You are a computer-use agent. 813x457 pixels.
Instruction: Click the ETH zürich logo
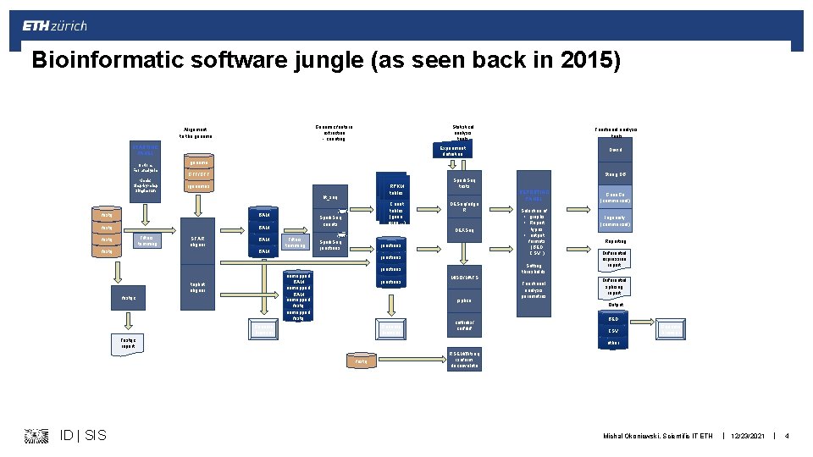click(x=55, y=26)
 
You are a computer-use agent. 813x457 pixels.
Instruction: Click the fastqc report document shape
click(x=130, y=344)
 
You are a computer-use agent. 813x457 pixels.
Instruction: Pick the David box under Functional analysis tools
click(x=616, y=149)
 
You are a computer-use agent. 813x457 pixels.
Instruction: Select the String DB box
click(x=616, y=175)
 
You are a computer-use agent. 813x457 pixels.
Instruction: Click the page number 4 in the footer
click(x=787, y=435)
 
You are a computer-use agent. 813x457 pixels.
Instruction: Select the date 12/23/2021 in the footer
click(x=748, y=435)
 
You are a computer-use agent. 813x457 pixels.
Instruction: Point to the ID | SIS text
click(x=84, y=435)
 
